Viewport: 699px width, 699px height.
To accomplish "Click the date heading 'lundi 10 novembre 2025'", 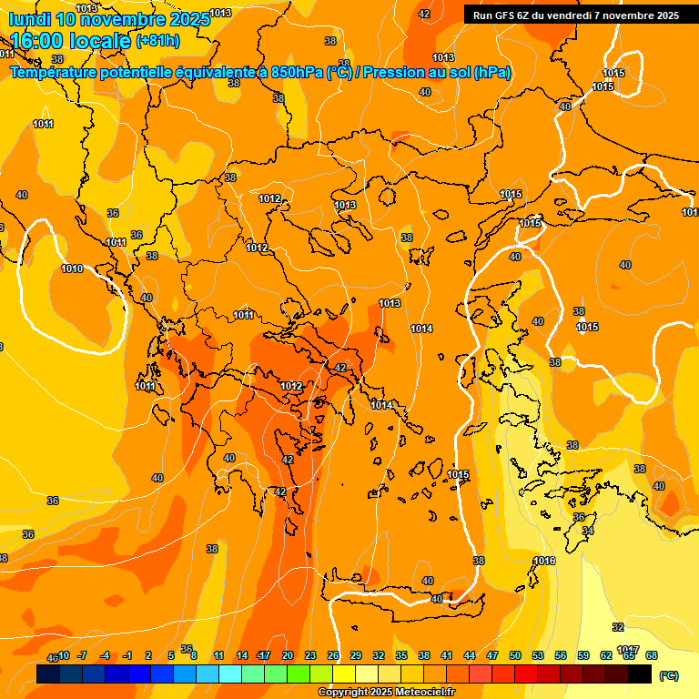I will coord(109,19).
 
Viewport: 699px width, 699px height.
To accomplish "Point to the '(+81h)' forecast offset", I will coord(157,41).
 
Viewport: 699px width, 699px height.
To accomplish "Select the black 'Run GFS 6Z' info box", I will coord(575,15).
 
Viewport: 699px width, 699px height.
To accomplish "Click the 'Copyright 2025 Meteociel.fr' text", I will coord(386,693).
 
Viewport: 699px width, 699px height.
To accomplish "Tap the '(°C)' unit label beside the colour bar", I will coord(668,674).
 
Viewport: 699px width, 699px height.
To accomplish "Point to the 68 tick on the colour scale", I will coord(652,655).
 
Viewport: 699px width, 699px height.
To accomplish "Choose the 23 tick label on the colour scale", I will coord(310,655).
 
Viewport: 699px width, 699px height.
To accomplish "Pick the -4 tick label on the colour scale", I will coord(105,655).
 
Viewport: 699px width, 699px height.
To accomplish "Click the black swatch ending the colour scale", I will coord(640,674).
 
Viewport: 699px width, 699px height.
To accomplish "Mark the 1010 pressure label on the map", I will coord(72,268).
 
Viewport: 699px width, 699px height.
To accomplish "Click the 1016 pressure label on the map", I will coord(544,561).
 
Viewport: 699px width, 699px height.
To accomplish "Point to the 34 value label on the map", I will coord(588,531).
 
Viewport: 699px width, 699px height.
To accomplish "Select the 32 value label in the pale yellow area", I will coord(618,627).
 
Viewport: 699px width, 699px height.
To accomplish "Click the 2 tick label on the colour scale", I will coord(148,655).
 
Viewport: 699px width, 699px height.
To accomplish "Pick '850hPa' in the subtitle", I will coord(299,73).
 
